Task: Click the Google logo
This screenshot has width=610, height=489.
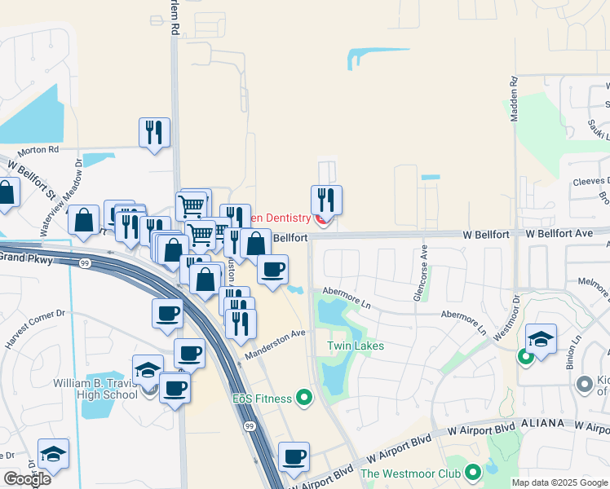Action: [x=27, y=479]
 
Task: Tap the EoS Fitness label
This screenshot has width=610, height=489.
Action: [x=262, y=399]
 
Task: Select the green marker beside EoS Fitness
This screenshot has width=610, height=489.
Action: [x=304, y=398]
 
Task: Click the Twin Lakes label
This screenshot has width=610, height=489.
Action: [x=356, y=346]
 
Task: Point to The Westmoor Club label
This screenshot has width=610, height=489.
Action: [x=412, y=473]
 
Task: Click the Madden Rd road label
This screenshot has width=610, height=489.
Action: [x=514, y=99]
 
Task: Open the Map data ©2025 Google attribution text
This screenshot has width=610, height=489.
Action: [x=560, y=482]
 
